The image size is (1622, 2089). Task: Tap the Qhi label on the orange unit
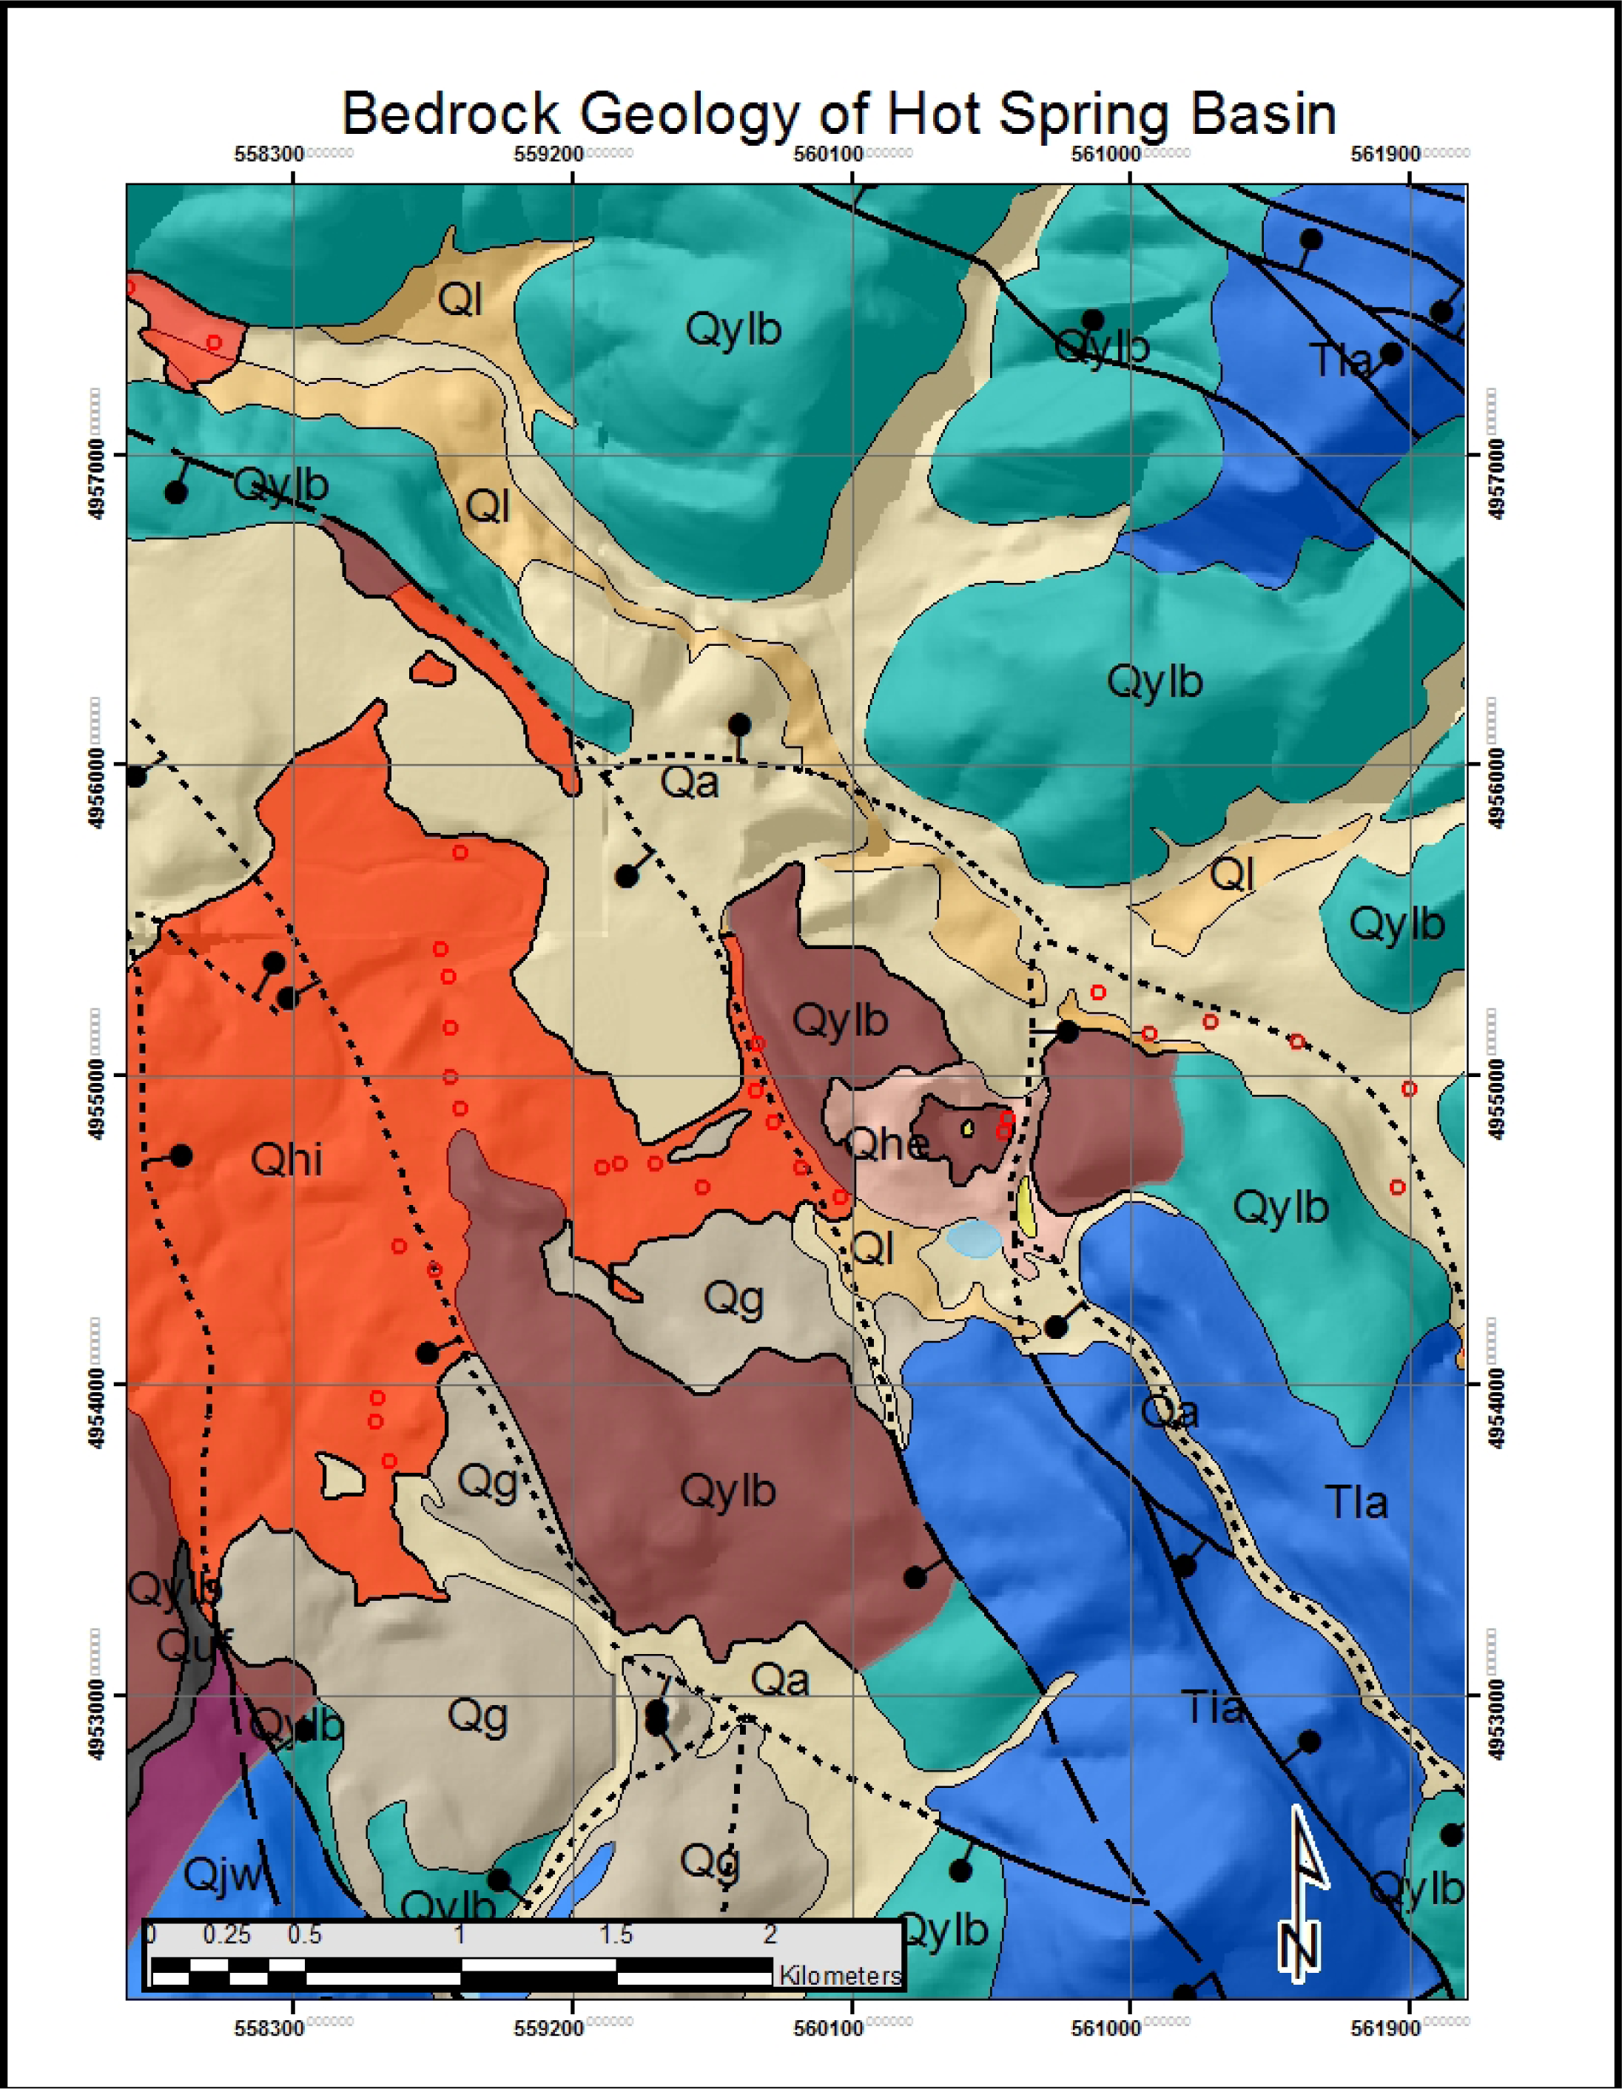[x=286, y=1160]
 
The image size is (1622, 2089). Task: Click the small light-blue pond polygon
[x=974, y=1237]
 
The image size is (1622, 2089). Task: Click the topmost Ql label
[x=460, y=300]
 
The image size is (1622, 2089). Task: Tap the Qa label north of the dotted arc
[x=690, y=783]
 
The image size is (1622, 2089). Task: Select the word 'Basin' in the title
[x=1261, y=114]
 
